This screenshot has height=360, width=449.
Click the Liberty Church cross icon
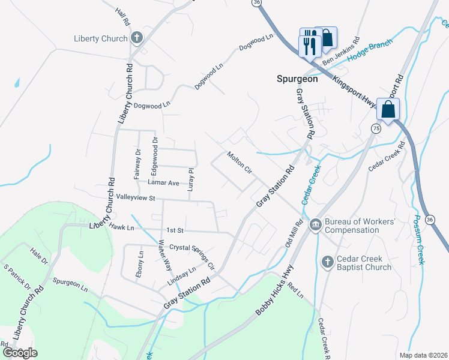click(136, 38)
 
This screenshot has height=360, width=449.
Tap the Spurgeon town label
click(297, 79)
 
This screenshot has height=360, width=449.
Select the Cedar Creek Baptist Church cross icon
click(327, 262)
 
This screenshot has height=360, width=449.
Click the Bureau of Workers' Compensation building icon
click(315, 225)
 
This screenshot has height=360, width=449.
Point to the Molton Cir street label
click(239, 163)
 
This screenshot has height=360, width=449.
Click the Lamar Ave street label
click(164, 182)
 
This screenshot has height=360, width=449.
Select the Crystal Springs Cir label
click(192, 255)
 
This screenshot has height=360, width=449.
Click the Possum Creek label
click(418, 239)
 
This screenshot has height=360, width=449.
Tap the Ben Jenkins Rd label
click(340, 53)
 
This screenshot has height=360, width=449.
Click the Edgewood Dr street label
click(154, 152)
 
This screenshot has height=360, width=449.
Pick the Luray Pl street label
click(190, 179)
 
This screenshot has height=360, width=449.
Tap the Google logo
click(20, 352)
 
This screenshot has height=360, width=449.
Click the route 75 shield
click(376, 128)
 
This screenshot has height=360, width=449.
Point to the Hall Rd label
click(123, 17)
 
